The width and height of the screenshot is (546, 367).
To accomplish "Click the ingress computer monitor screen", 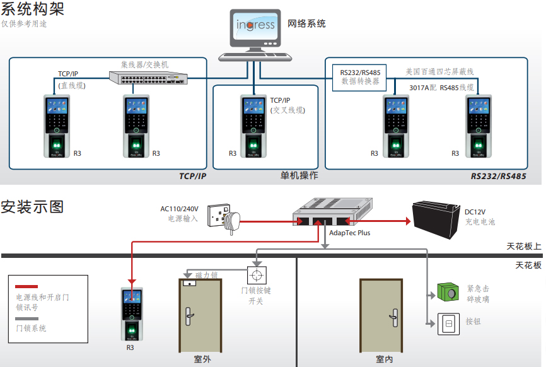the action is [x=255, y=26].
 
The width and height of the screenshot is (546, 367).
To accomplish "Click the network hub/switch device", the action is [x=148, y=78].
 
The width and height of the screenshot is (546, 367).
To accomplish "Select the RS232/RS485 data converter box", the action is [x=359, y=78].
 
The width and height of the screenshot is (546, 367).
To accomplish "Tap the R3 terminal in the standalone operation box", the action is [x=253, y=126].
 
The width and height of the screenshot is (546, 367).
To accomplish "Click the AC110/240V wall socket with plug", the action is [x=224, y=218].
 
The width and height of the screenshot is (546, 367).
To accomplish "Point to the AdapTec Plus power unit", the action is [x=332, y=213].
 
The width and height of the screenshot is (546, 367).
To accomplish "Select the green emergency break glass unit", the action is [x=448, y=292].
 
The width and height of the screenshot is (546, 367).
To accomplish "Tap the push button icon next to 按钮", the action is [x=448, y=324].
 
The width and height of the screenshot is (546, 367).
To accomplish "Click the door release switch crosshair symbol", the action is [x=257, y=276].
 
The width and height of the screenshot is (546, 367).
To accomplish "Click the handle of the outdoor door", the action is [x=189, y=316].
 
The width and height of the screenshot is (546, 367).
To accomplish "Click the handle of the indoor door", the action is [x=394, y=318].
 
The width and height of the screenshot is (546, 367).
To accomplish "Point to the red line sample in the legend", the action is [x=26, y=286].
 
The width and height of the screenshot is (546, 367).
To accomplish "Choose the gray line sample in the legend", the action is [x=26, y=318].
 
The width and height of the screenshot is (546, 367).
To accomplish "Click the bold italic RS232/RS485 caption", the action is [x=498, y=176].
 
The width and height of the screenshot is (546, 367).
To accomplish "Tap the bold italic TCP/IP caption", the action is [x=192, y=176].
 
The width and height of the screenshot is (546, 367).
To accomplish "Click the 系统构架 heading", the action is [x=32, y=8].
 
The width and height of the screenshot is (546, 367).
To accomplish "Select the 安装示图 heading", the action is [x=32, y=207].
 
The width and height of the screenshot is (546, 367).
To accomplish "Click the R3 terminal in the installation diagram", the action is [x=132, y=314].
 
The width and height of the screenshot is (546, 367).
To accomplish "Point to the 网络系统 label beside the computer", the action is [x=306, y=24].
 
